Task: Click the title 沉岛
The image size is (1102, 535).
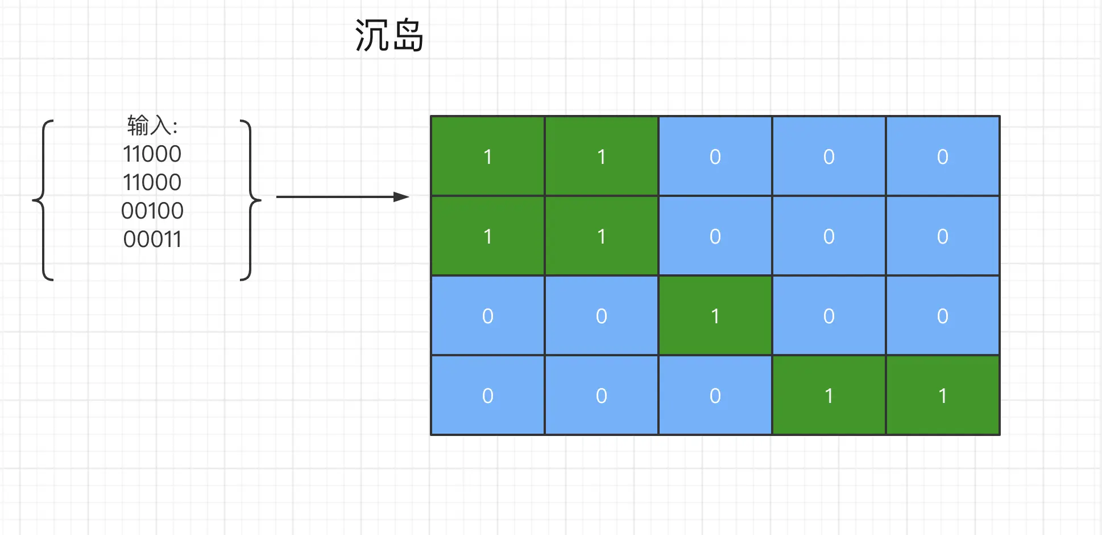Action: pos(390,35)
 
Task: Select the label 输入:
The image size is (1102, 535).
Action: pos(152,126)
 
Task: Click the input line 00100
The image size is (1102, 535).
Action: pos(152,211)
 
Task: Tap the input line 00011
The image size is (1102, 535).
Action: pos(152,240)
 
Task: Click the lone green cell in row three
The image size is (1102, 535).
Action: pos(715,316)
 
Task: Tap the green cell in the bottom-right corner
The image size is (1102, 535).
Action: pos(942,396)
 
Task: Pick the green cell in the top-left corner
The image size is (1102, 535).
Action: pos(487,157)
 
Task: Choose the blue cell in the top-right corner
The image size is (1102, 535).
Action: pos(942,157)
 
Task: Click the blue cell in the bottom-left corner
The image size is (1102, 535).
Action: pos(487,396)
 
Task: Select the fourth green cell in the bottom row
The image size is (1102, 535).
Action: pos(828,396)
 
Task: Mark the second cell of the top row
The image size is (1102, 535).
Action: pos(601,157)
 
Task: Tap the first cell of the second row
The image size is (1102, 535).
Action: pos(487,236)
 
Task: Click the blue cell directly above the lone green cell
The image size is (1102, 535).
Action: pos(715,236)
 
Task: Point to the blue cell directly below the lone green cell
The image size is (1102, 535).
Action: pos(715,396)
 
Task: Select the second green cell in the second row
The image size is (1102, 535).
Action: pos(601,236)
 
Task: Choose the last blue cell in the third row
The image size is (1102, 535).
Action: pos(942,316)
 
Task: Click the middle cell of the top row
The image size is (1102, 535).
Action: pos(715,157)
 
